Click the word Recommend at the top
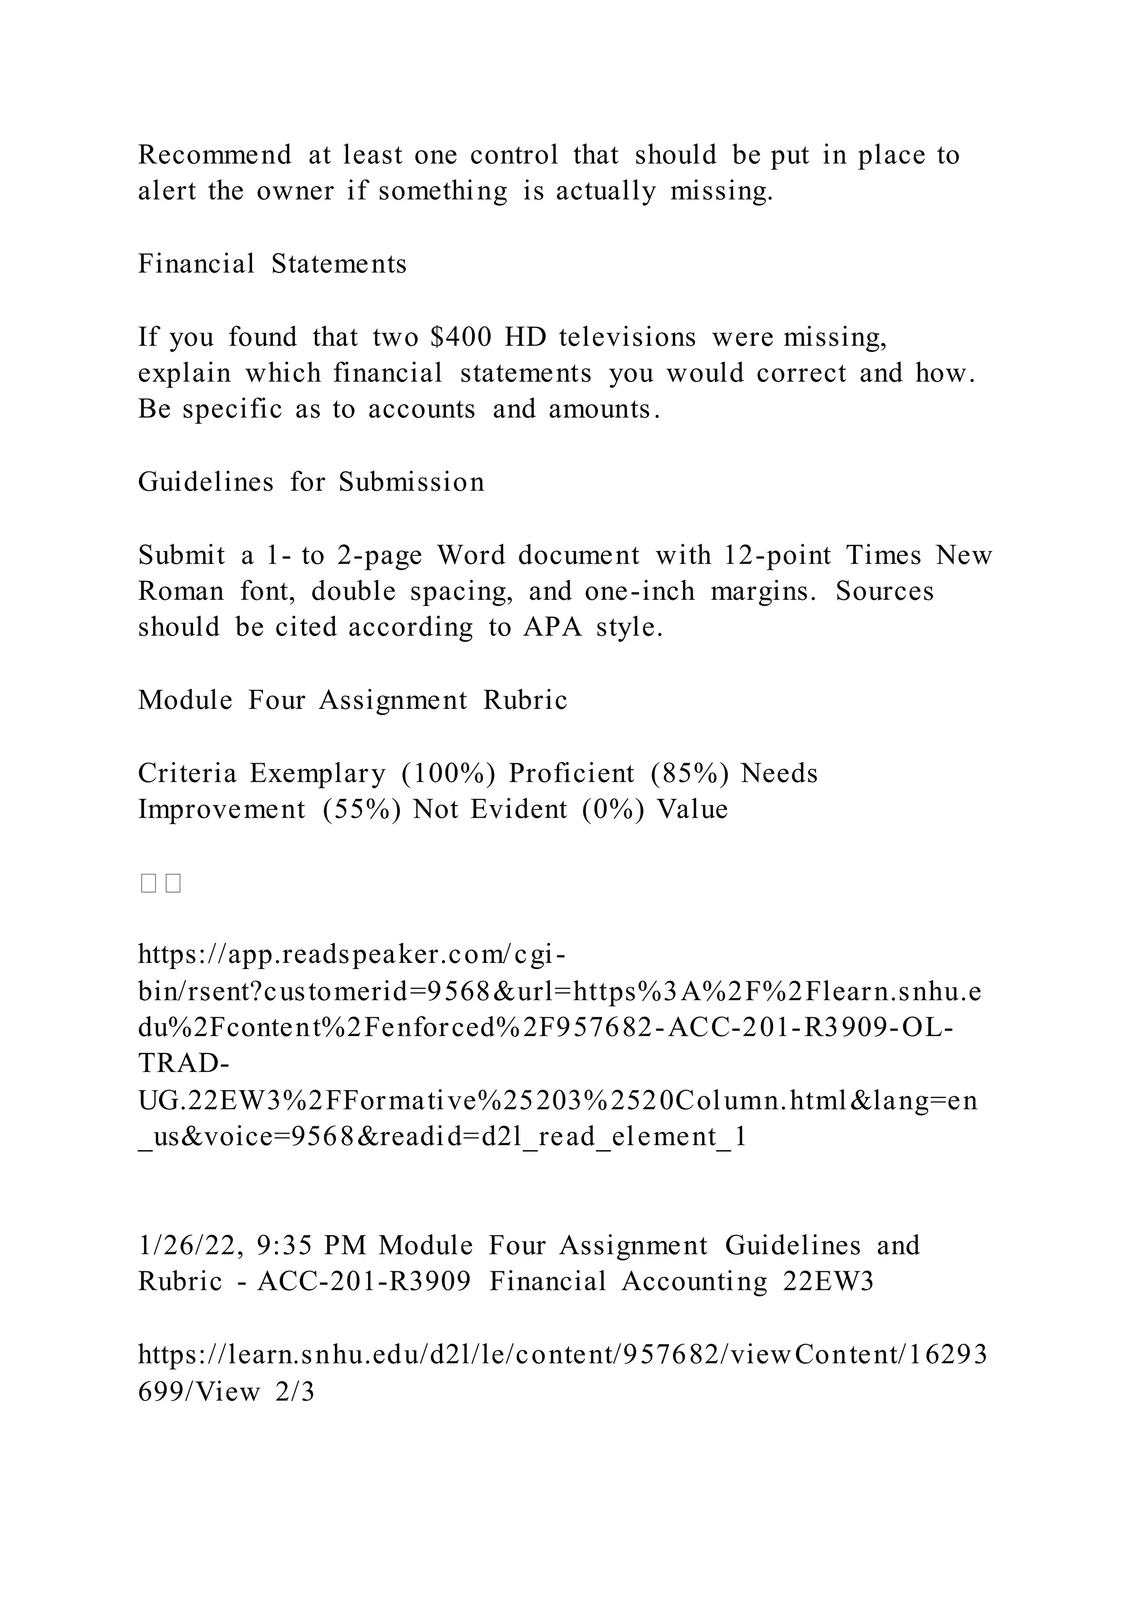(x=215, y=155)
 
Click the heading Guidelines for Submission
(x=311, y=483)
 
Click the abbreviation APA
(x=552, y=627)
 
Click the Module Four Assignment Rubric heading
(x=352, y=700)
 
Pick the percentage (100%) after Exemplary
(x=448, y=773)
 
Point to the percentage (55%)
(x=362, y=809)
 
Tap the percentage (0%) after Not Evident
(x=612, y=809)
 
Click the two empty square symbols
(x=161, y=883)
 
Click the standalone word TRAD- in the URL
(x=183, y=1064)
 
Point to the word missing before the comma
(x=834, y=337)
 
